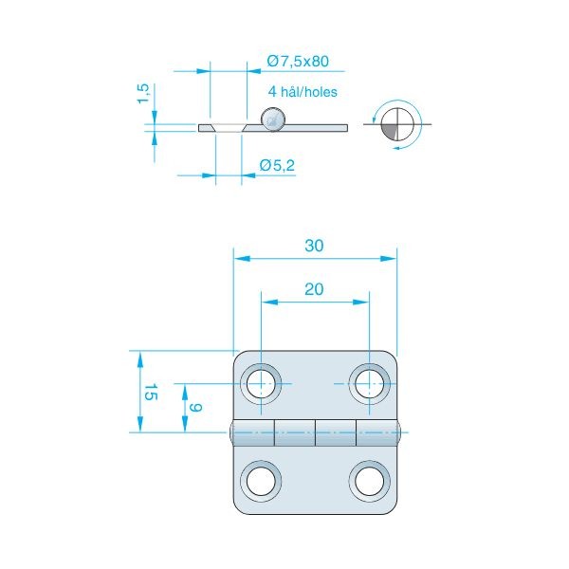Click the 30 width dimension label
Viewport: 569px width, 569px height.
click(x=314, y=246)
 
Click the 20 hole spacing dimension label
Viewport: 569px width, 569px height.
click(x=314, y=289)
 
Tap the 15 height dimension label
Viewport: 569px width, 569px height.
click(x=151, y=392)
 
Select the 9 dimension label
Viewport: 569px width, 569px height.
click(x=195, y=408)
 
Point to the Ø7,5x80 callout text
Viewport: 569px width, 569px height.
click(x=298, y=61)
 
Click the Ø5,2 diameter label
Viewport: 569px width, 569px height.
click(x=277, y=165)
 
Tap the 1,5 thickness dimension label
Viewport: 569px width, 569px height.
click(x=143, y=94)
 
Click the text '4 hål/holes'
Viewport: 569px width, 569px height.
click(x=303, y=91)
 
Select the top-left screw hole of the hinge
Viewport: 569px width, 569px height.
click(x=261, y=383)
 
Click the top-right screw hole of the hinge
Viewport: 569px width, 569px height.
click(x=370, y=383)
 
